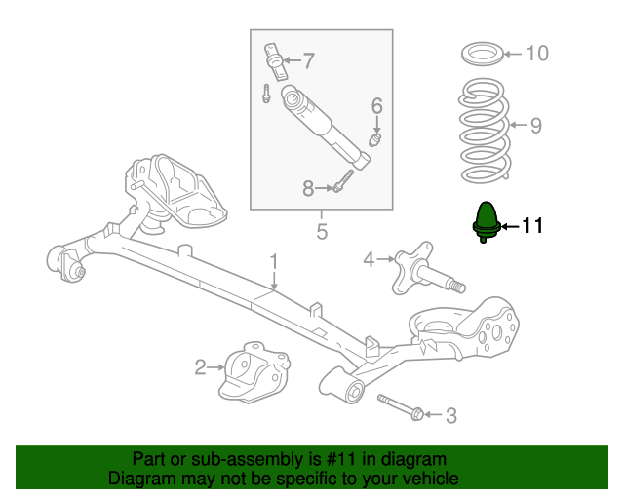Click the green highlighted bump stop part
click(x=487, y=222)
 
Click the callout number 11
click(x=531, y=226)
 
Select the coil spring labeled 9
click(x=484, y=131)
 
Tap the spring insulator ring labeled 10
click(x=483, y=54)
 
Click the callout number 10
click(x=537, y=54)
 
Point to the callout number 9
click(x=536, y=126)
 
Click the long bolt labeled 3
click(x=400, y=407)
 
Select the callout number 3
click(x=450, y=416)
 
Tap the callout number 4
click(x=369, y=260)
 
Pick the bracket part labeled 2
click(x=253, y=371)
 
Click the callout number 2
click(x=200, y=367)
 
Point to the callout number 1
click(x=273, y=262)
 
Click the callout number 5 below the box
click(x=322, y=231)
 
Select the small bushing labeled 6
click(x=375, y=140)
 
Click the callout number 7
click(x=309, y=60)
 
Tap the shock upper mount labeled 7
click(x=275, y=61)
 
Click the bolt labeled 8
click(x=343, y=181)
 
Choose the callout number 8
click(x=308, y=188)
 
